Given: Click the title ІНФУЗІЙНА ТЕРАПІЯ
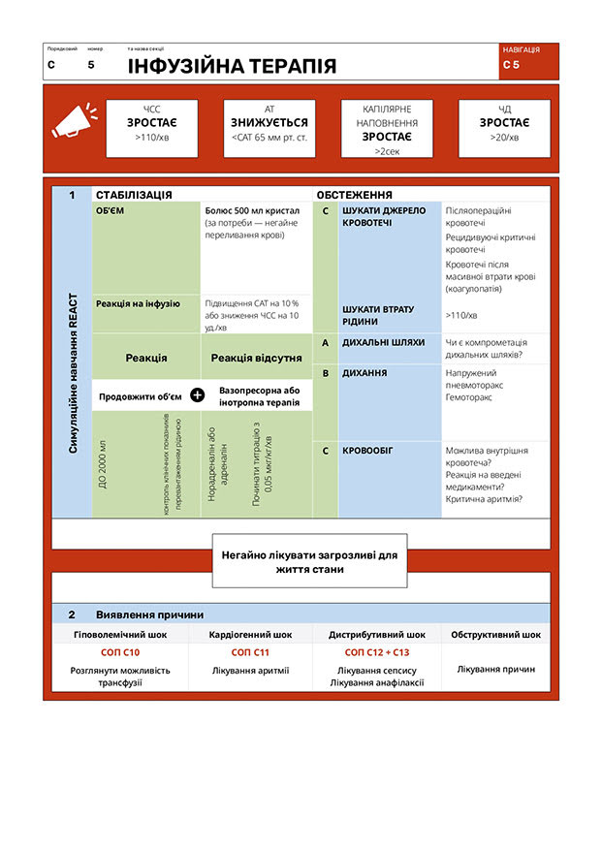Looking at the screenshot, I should (x=233, y=66).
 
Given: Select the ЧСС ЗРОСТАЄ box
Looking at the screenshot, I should (x=152, y=128).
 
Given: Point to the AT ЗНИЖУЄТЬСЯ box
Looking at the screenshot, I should (x=269, y=128).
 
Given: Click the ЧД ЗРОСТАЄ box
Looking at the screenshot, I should (x=504, y=128).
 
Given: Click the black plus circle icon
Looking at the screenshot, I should (x=198, y=395).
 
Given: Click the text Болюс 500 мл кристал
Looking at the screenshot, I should (x=252, y=210).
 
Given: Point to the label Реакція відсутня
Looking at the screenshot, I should (x=257, y=358).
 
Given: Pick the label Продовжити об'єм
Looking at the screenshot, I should (x=141, y=395).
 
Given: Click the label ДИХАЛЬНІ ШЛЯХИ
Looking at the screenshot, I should (x=383, y=342).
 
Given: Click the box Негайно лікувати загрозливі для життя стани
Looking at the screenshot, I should (x=309, y=561).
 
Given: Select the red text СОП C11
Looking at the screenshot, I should (x=251, y=652).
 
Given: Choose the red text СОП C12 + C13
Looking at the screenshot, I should (x=377, y=652).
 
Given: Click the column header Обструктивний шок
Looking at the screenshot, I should (x=496, y=635).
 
